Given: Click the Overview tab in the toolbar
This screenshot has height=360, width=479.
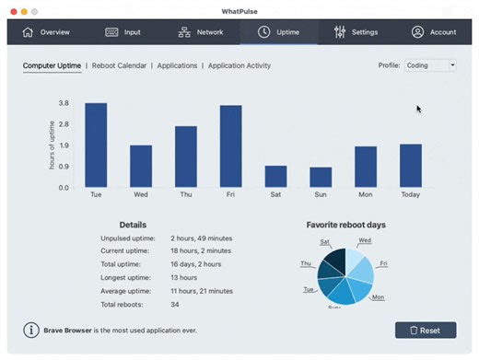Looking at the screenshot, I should [x=46, y=32].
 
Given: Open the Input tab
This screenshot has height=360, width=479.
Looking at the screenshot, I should [x=123, y=32].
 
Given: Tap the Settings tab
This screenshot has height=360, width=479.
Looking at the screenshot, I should [x=356, y=32].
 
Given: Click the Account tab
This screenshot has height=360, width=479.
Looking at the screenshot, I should [x=434, y=32].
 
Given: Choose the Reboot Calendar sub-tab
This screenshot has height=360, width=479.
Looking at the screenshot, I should [x=122, y=66].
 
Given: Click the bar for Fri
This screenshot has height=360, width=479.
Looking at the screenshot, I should [x=230, y=146].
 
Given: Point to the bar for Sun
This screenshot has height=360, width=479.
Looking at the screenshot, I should [x=321, y=177].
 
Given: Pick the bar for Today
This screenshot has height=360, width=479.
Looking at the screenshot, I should [x=410, y=166].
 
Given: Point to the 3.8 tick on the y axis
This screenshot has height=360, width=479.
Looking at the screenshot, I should [x=64, y=103].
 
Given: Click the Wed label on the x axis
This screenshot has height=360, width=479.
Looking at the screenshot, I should [x=141, y=195].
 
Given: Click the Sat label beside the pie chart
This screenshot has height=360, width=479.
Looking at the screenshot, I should [x=325, y=242].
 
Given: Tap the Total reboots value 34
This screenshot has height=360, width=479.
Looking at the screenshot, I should [x=175, y=303].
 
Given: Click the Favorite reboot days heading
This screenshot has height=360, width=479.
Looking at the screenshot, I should [x=345, y=225].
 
